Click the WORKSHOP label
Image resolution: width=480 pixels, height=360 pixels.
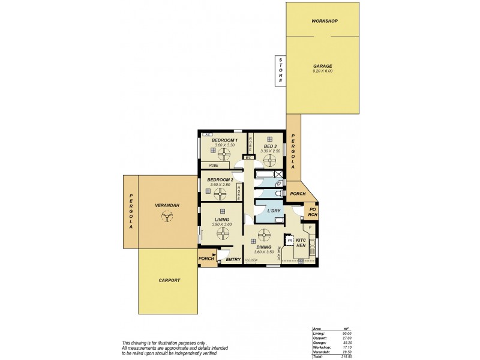pos(325,21)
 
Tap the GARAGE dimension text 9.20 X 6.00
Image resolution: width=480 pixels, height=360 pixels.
pos(322,71)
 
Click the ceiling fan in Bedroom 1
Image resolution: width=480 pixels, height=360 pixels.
pos(224,154)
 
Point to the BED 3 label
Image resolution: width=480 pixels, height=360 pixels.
pos(270,146)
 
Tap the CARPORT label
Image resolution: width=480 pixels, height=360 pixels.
pos(169,280)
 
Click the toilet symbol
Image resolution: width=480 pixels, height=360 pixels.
pos(278,194)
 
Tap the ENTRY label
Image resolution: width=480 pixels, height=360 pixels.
pos(233,260)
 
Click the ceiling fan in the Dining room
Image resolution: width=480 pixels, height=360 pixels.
pos(263,234)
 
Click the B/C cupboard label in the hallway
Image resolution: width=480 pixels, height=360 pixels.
pos(248,158)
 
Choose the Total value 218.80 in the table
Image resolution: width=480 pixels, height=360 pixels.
pos(347,357)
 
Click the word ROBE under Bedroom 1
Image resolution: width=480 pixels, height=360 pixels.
pos(213,165)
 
